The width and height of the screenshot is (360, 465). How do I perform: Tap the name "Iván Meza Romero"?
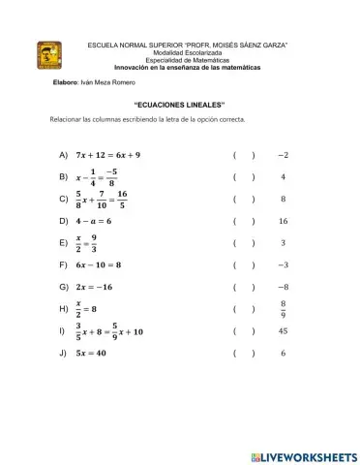pyautogui.click(x=111, y=84)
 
